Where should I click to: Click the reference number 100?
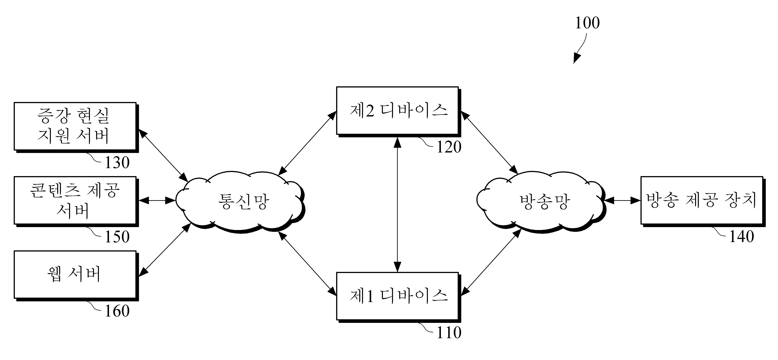(x=587, y=23)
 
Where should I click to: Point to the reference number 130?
(x=117, y=162)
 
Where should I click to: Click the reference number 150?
(x=117, y=237)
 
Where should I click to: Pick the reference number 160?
(x=117, y=311)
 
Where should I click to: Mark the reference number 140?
(x=742, y=237)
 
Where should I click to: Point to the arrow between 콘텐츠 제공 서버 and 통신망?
(x=157, y=200)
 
